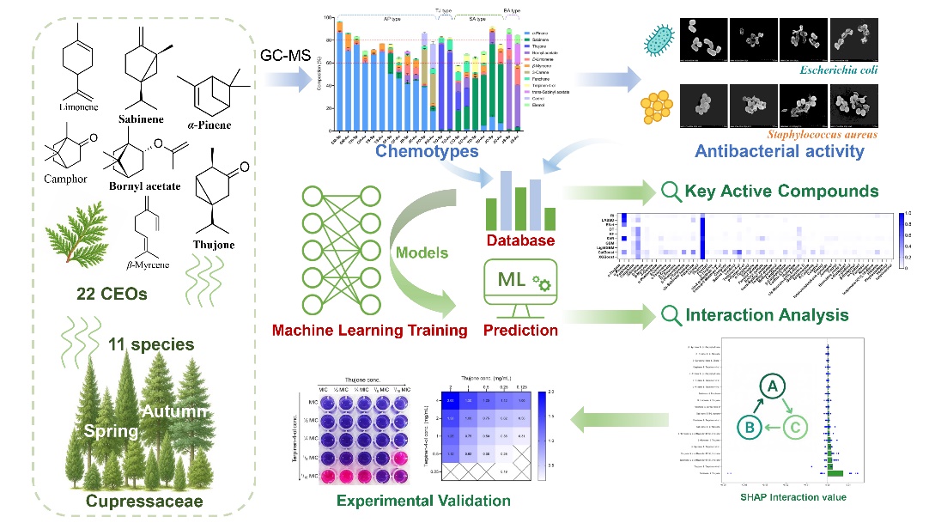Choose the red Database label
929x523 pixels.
521,240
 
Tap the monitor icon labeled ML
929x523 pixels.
520,287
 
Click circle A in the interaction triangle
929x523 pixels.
773,387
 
